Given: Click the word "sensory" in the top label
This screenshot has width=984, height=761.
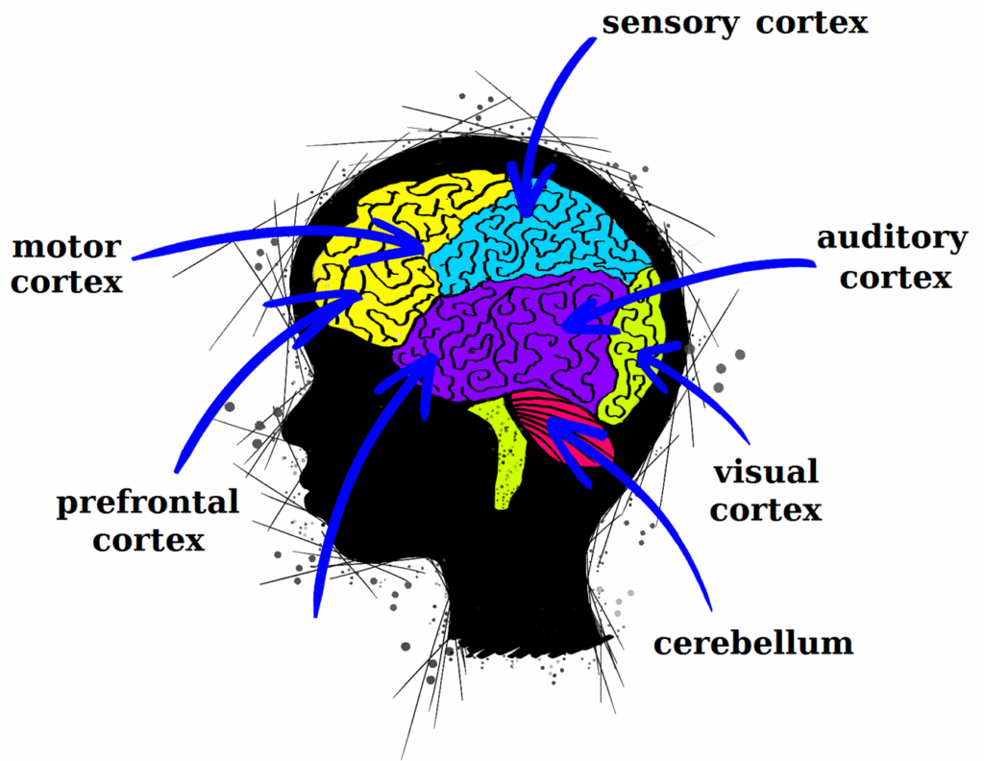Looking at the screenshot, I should (x=669, y=23).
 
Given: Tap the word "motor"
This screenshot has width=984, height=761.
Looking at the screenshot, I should (x=66, y=247).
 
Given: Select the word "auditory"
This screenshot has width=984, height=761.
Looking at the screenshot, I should (x=892, y=238).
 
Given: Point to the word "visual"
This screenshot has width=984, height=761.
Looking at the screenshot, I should (x=765, y=472).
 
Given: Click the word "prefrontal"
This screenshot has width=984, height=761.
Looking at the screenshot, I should (x=147, y=503).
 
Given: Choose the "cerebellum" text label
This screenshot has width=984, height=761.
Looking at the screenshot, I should (x=753, y=642).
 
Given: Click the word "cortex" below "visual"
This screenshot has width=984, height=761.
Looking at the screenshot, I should (x=766, y=509).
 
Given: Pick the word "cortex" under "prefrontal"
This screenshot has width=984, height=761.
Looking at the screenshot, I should (x=149, y=540).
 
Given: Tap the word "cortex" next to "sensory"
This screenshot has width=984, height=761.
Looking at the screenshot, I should (x=811, y=23).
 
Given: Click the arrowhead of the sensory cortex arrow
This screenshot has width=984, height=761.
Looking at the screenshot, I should (x=524, y=197).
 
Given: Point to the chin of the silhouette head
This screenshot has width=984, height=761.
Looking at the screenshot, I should (x=327, y=538).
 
